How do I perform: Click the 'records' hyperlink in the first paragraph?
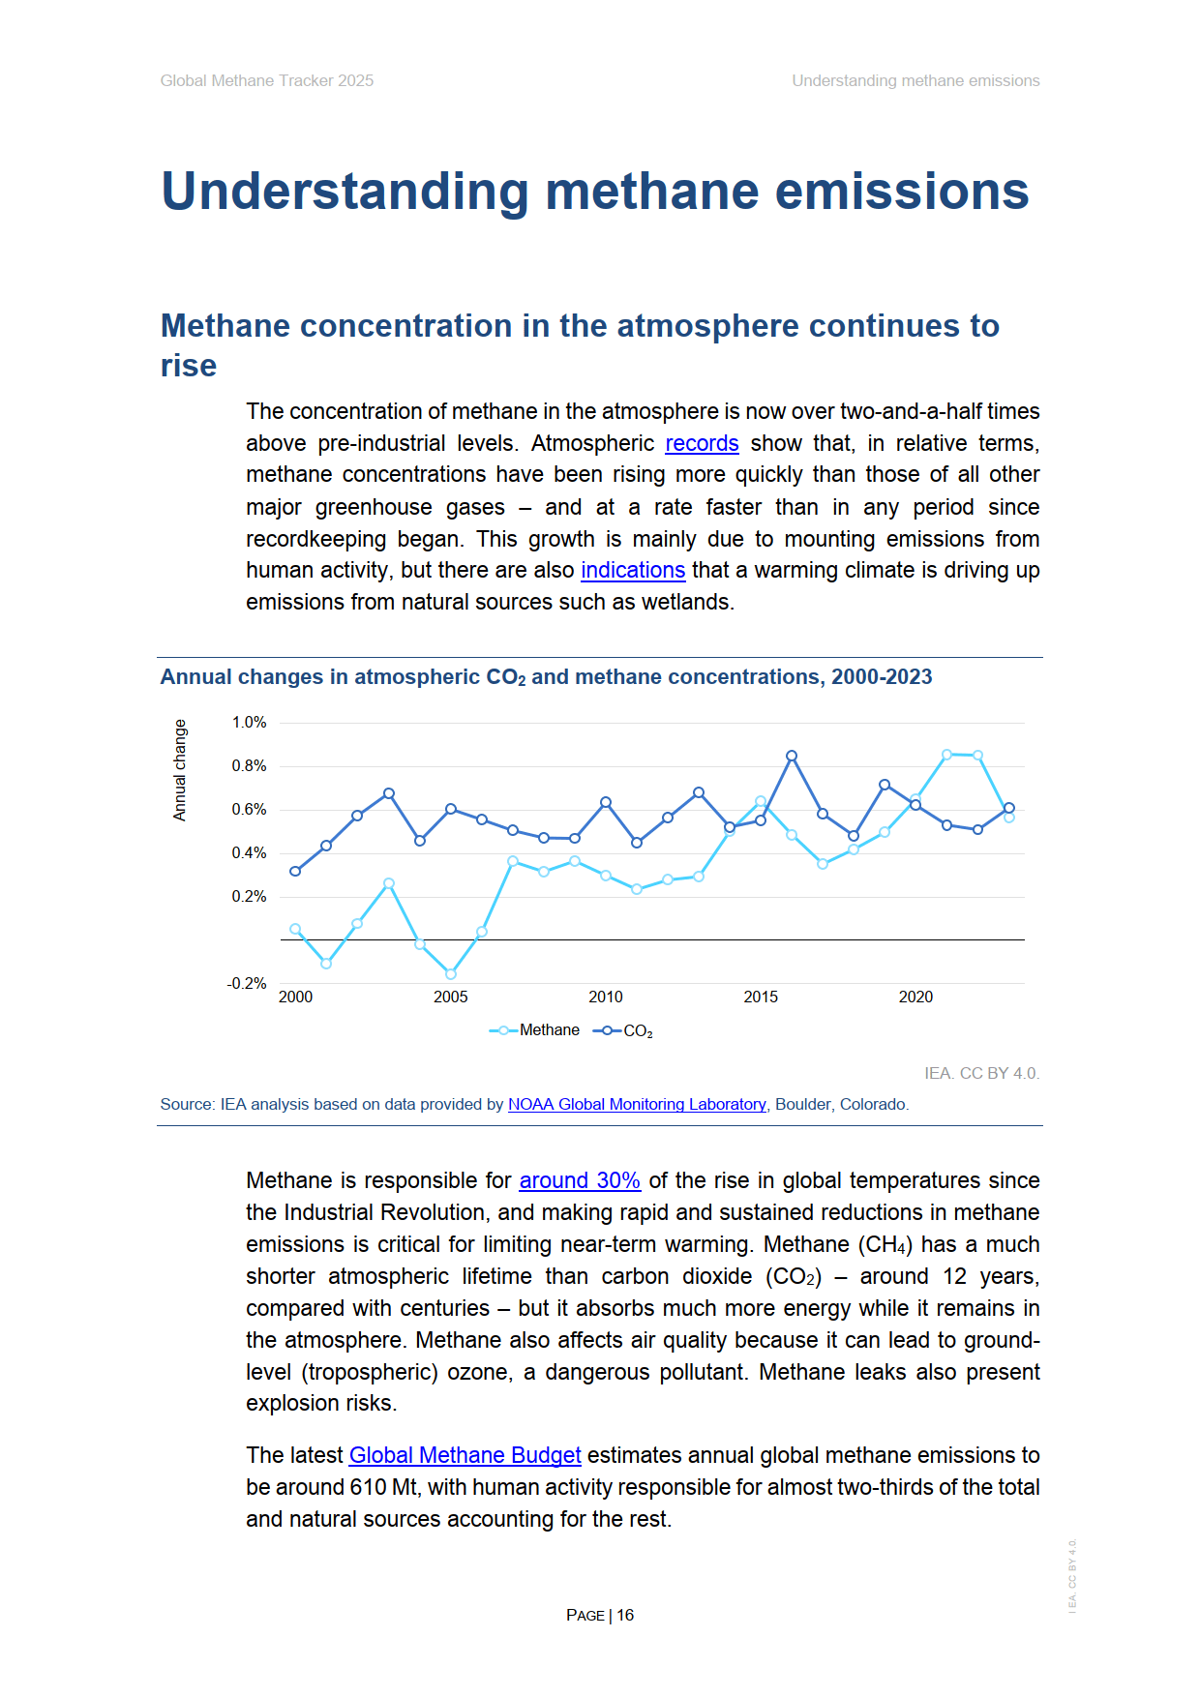pyautogui.click(x=702, y=443)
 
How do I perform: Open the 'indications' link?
pyautogui.click(x=633, y=570)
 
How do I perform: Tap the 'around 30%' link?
pyautogui.click(x=580, y=1180)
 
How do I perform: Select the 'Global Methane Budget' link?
pyautogui.click(x=465, y=1455)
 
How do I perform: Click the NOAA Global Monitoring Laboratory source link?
pyautogui.click(x=637, y=1104)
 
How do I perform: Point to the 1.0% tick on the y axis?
pyautogui.click(x=249, y=723)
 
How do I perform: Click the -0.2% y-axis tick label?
pyautogui.click(x=247, y=983)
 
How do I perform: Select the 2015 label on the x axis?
pyautogui.click(x=761, y=997)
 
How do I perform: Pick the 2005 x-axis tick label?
pyautogui.click(x=451, y=997)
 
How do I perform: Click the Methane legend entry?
pyautogui.click(x=549, y=1030)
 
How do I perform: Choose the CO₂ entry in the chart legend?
pyautogui.click(x=637, y=1031)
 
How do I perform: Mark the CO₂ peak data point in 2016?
pyautogui.click(x=792, y=756)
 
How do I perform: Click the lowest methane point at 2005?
pyautogui.click(x=451, y=973)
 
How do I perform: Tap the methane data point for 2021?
pyautogui.click(x=946, y=755)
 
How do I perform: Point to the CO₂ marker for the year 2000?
pyautogui.click(x=295, y=871)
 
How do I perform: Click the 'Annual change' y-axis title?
pyautogui.click(x=180, y=770)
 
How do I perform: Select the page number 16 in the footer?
pyautogui.click(x=625, y=1615)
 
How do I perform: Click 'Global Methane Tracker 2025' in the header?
pyautogui.click(x=267, y=81)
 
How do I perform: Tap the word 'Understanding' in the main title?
pyautogui.click(x=345, y=191)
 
